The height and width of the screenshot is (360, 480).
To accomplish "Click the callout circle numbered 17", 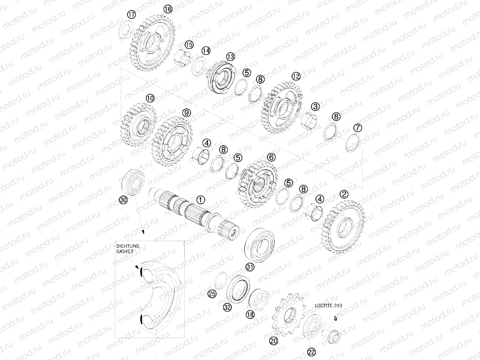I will pyautogui.click(x=131, y=15).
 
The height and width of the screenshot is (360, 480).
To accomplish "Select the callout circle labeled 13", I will pyautogui.click(x=230, y=57).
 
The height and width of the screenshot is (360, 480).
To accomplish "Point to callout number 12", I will pyautogui.click(x=296, y=76).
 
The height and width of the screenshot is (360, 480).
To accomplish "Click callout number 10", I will pyautogui.click(x=150, y=98).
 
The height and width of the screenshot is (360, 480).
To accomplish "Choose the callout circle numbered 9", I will pyautogui.click(x=186, y=112).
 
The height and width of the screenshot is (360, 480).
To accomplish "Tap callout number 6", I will pyautogui.click(x=272, y=157).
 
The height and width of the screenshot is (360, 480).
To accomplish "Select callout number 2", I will pyautogui.click(x=344, y=194).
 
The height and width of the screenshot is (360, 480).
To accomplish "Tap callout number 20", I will pyautogui.click(x=273, y=340).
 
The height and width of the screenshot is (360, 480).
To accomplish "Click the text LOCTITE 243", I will pyautogui.click(x=328, y=305).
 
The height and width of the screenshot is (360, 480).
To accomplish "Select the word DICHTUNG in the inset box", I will pyautogui.click(x=128, y=246).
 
